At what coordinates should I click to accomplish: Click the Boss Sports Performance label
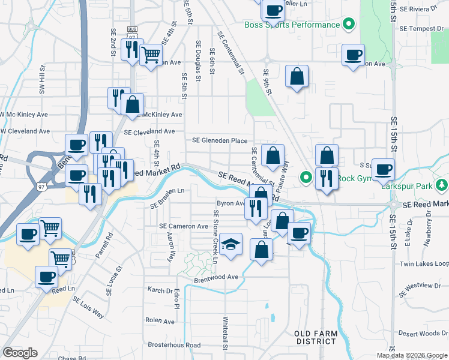[x=292, y=25]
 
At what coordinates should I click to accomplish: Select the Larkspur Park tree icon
[x=442, y=184]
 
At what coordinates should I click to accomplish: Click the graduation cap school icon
[x=231, y=245]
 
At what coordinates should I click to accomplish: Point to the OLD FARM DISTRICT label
[x=316, y=337]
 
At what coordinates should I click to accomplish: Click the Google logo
[x=20, y=353]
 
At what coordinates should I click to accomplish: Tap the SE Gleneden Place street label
[x=220, y=140]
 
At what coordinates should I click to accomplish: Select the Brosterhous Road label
[x=174, y=345]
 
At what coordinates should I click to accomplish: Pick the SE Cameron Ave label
[x=183, y=226]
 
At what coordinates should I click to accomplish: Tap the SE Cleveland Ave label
[x=149, y=131]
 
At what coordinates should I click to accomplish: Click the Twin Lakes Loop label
[x=424, y=264]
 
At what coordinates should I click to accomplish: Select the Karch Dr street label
[x=160, y=290]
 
